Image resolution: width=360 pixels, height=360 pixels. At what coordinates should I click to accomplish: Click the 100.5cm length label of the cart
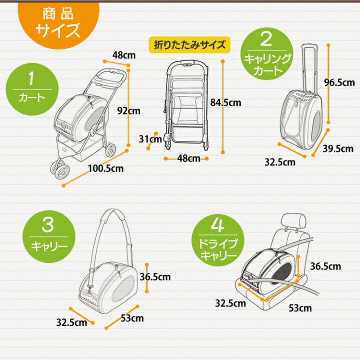click(106, 168)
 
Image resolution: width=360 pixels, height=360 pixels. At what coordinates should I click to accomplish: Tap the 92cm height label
click(128, 111)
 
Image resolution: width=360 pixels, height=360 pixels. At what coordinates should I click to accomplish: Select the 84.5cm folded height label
click(225, 102)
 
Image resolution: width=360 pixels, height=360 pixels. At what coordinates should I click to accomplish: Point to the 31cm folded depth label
click(150, 139)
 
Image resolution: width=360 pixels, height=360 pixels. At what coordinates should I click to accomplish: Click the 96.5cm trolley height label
click(339, 82)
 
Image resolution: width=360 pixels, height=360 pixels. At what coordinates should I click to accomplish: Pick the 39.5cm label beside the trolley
click(338, 149)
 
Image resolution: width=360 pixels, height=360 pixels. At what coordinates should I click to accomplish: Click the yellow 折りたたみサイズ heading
click(189, 45)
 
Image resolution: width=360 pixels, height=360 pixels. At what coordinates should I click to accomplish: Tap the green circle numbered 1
click(32, 89)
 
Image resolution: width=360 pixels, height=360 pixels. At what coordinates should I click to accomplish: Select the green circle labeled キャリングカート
click(267, 54)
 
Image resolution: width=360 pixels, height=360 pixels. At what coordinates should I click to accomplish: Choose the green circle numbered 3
click(49, 236)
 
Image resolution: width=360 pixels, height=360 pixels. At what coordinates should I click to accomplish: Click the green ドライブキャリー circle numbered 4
click(218, 240)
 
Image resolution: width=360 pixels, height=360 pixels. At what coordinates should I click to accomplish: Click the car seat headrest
click(293, 221)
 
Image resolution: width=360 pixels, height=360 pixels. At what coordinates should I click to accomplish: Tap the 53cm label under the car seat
click(300, 308)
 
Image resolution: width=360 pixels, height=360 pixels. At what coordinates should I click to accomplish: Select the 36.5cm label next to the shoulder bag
click(155, 277)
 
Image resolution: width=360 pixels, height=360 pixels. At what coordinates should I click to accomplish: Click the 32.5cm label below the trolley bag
click(280, 162)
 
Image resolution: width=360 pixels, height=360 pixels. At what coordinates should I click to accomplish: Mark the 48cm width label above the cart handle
click(124, 55)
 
